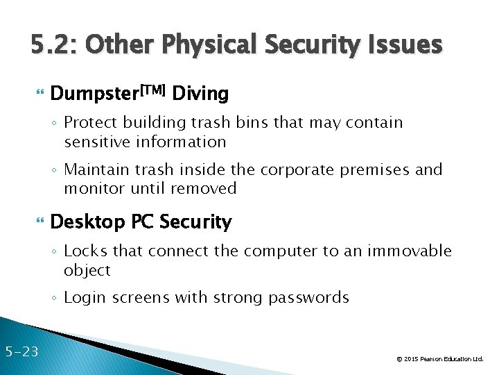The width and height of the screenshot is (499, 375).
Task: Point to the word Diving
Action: click(200, 93)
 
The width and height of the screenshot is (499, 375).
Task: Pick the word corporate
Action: click(304, 169)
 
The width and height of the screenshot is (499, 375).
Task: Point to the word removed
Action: click(207, 188)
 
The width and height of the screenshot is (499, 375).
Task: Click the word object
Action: click(87, 270)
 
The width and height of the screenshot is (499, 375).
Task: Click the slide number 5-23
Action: click(21, 351)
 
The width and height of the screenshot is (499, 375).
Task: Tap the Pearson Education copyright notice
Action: click(439, 359)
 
